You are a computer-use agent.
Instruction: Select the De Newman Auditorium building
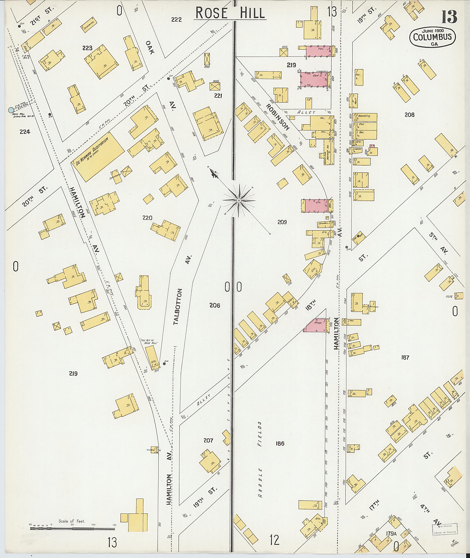[x=97, y=157]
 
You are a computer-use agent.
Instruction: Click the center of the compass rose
[x=239, y=200]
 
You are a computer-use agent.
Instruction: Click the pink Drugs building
[x=316, y=326]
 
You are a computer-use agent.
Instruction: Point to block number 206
[x=215, y=305]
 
